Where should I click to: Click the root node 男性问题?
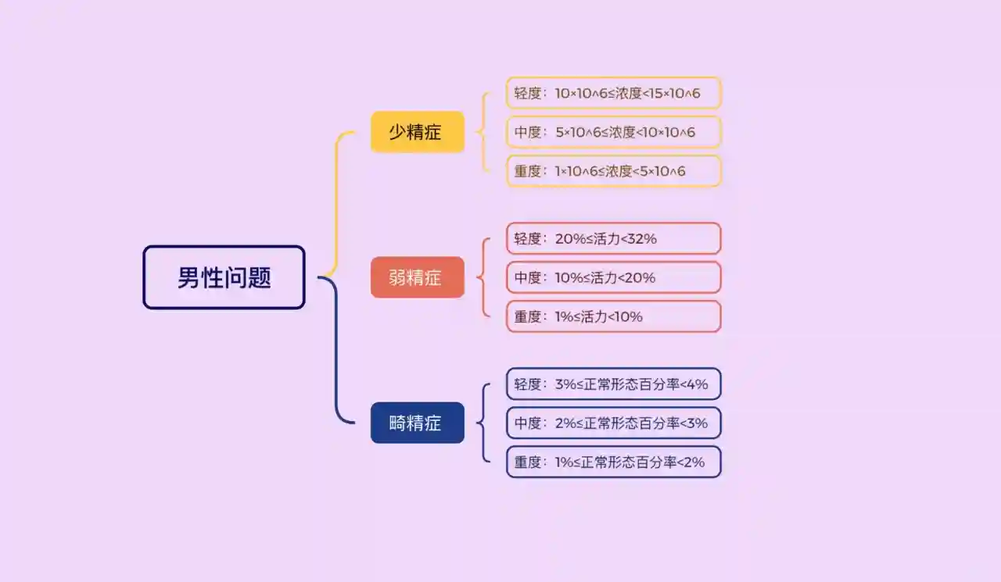pyautogui.click(x=224, y=277)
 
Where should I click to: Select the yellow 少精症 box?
pyautogui.click(x=417, y=131)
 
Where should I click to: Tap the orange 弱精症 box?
pyautogui.click(x=417, y=277)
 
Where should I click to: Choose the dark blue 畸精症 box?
pyautogui.click(x=417, y=423)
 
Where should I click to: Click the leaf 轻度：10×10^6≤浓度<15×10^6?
pyautogui.click(x=613, y=92)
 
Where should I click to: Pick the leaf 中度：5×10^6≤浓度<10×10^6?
pyautogui.click(x=613, y=131)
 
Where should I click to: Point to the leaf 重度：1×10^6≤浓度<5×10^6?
pyautogui.click(x=613, y=170)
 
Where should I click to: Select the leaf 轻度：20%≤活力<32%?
pyautogui.click(x=613, y=238)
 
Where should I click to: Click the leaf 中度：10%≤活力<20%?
pyautogui.click(x=613, y=277)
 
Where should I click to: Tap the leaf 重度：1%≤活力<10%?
pyautogui.click(x=613, y=316)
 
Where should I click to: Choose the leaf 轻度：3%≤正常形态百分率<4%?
pyautogui.click(x=613, y=384)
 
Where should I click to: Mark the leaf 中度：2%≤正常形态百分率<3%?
pyautogui.click(x=613, y=423)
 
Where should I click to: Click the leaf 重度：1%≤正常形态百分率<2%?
pyautogui.click(x=613, y=462)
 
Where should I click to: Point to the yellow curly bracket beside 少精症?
pyautogui.click(x=483, y=131)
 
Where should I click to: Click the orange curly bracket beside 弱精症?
pyautogui.click(x=483, y=277)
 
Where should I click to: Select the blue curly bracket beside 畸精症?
pyautogui.click(x=483, y=423)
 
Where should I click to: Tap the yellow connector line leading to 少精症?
pyautogui.click(x=336, y=203)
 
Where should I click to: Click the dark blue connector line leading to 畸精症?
pyautogui.click(x=336, y=352)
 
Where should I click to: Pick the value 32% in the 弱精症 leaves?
pyautogui.click(x=642, y=238)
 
